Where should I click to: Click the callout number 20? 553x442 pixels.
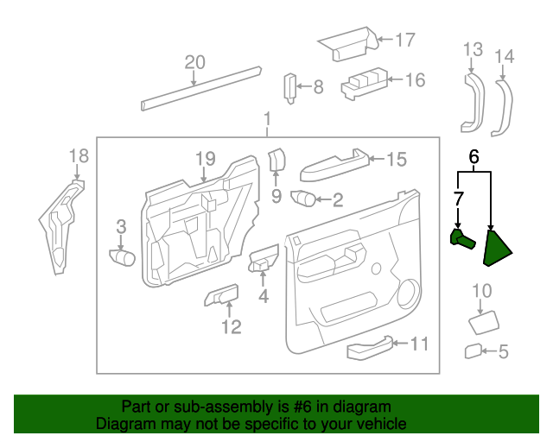(195, 62)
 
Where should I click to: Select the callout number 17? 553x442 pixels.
(405, 39)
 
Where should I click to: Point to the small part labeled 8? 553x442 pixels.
(291, 87)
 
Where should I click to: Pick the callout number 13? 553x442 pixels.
(472, 49)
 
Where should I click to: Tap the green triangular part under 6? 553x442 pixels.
(497, 246)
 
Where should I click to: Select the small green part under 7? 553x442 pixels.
(461, 239)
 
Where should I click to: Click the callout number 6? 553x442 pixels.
(474, 157)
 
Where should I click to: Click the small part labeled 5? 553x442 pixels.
(473, 350)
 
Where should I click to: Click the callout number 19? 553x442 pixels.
(204, 158)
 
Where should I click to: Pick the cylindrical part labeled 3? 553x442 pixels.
(124, 256)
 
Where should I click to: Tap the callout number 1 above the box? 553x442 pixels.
(267, 118)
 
